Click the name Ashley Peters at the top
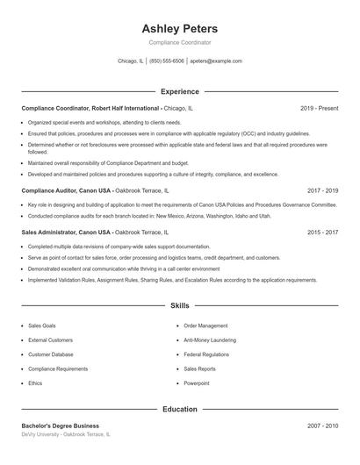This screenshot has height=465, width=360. point(180,29)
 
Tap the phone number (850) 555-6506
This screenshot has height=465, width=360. point(167,61)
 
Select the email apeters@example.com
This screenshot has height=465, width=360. point(216,61)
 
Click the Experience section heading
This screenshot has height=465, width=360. point(180,91)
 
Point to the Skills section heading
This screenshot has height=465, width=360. point(180,305)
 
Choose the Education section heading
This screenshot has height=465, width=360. point(180,409)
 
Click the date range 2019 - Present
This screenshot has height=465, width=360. point(319,108)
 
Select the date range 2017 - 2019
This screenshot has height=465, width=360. point(322,190)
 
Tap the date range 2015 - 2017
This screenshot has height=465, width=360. point(322,232)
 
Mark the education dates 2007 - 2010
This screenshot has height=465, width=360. point(322,426)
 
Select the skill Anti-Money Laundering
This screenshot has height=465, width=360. point(211,340)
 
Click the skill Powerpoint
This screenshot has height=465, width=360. point(197,383)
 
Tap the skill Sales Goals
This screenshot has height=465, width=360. point(41,325)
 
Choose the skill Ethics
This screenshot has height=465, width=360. point(35,383)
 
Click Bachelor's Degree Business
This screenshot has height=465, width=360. point(61,426)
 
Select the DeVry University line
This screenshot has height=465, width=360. point(67,435)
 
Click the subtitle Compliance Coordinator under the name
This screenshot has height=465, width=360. point(180,42)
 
